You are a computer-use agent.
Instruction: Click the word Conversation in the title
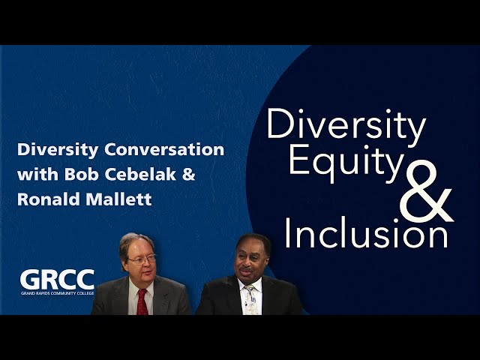[164, 150]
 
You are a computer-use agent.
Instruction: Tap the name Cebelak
[140, 174]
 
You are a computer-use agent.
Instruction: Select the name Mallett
[118, 199]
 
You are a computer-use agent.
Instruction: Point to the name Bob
[82, 174]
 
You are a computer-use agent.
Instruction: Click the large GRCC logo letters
[57, 280]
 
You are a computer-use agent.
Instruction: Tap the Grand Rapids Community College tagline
[57, 293]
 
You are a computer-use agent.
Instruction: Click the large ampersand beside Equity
[426, 191]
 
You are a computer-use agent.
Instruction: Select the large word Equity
[346, 162]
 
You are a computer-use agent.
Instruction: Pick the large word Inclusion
[367, 232]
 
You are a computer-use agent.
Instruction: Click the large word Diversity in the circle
[346, 125]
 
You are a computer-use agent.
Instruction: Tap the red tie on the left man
[142, 301]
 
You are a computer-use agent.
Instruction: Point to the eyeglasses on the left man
[142, 260]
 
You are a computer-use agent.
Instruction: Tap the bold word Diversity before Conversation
[58, 150]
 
